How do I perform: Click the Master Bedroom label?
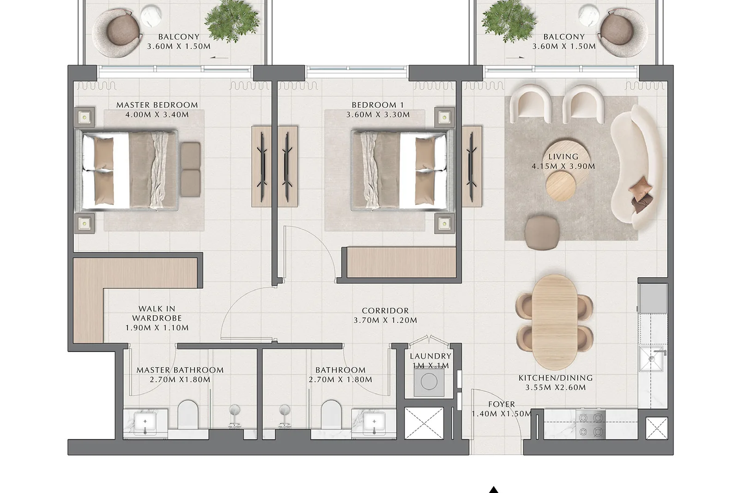coord(157,105)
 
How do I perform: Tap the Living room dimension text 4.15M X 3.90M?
coord(563,166)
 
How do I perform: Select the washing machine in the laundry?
coord(429,382)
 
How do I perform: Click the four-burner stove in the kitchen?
coord(591,424)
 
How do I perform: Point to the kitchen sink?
coord(652,359)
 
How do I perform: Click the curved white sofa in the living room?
coord(633,167)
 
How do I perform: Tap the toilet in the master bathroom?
coord(188,415)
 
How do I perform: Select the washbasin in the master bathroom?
coord(145,424)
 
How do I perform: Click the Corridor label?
coord(385,310)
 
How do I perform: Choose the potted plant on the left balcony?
coord(231,20)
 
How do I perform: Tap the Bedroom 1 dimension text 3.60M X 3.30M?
coord(378,115)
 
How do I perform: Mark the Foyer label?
coord(502,404)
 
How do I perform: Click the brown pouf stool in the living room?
coord(542,232)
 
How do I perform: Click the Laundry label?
coord(430,356)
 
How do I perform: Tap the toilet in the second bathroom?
coord(331,415)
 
